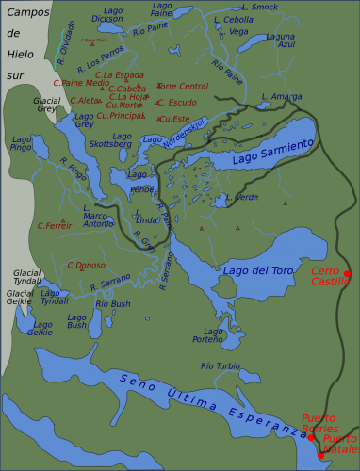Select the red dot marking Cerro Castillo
(x=347, y=274)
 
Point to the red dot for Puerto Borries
(x=311, y=437)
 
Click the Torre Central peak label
(x=182, y=86)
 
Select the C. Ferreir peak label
(x=55, y=225)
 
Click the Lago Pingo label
(x=20, y=143)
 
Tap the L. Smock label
(x=259, y=7)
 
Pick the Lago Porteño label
(x=208, y=335)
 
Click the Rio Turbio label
(x=220, y=365)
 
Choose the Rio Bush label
(x=113, y=304)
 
